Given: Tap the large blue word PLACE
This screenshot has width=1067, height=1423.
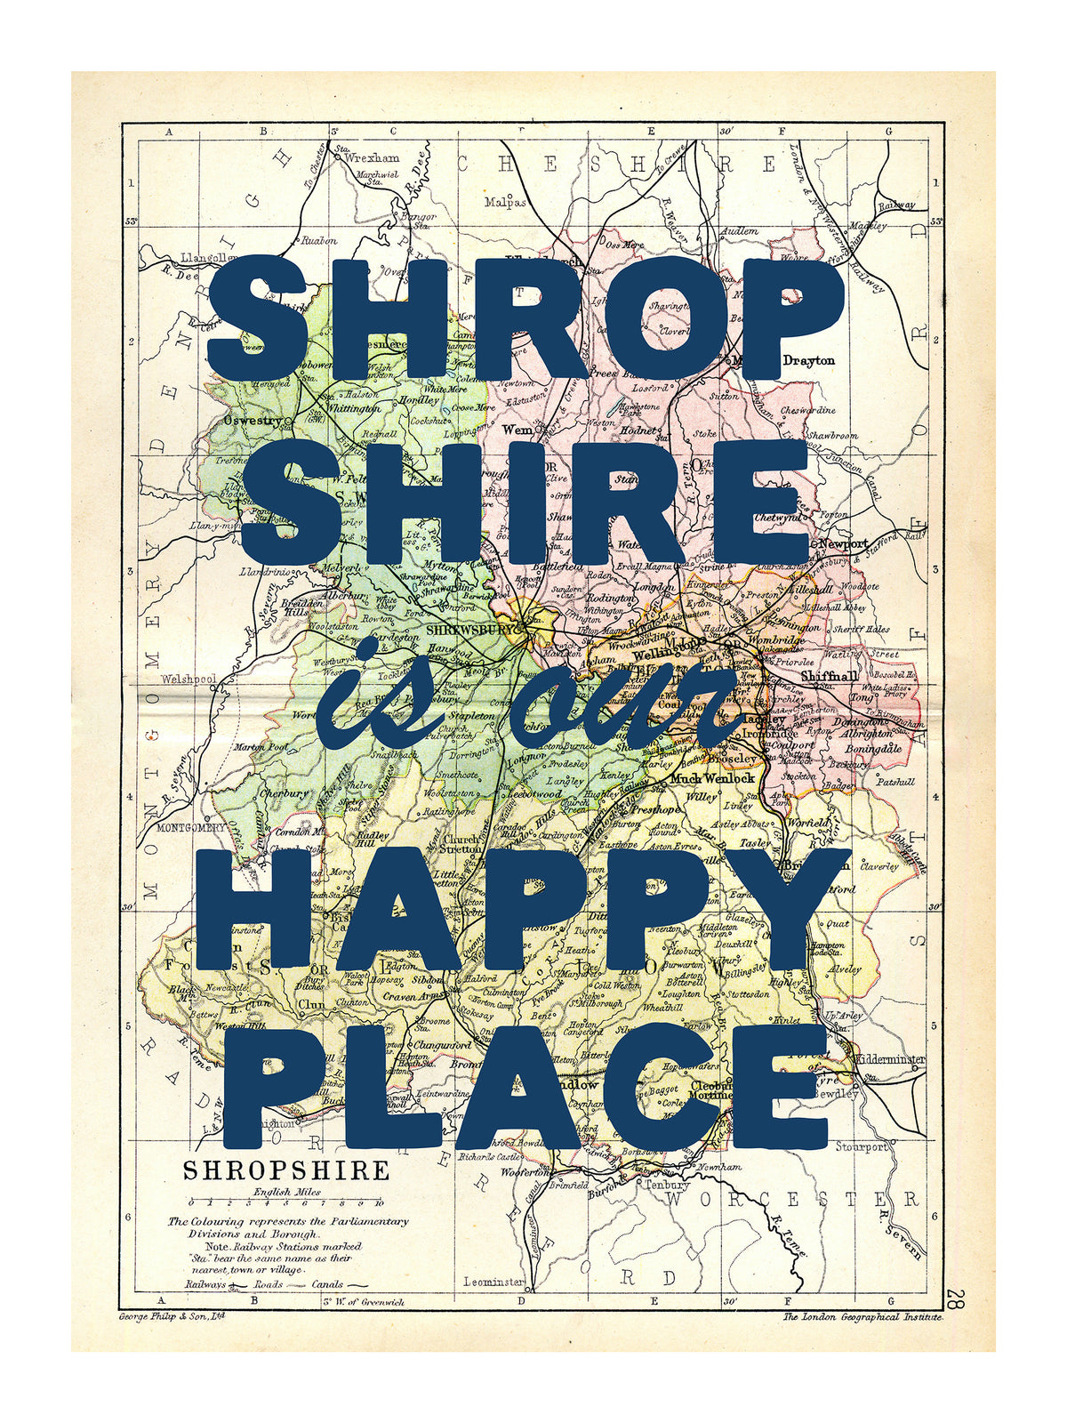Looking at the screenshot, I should coord(525,1087).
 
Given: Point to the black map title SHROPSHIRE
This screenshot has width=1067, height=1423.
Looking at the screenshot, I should coord(286,1170).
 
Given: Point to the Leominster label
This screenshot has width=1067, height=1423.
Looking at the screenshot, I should coord(493,1282).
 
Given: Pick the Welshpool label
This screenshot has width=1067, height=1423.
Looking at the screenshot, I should coord(189,679).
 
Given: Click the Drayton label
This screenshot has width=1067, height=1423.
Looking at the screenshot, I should coord(808,360).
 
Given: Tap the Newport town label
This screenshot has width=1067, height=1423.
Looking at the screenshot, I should coord(843,543).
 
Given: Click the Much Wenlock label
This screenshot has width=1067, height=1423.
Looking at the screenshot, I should coord(711,778).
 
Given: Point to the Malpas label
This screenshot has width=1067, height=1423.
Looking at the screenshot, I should coord(505,202).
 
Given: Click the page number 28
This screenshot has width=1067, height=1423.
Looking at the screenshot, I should coord(955,1298).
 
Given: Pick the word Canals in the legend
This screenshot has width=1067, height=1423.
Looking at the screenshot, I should coord(328,1284).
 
